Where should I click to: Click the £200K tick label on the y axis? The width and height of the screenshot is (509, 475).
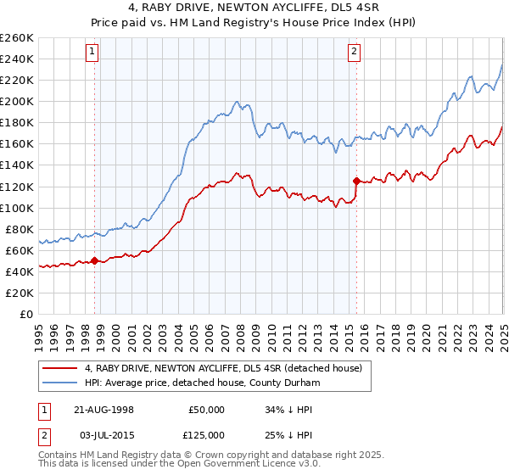pyautogui.click(x=17, y=101)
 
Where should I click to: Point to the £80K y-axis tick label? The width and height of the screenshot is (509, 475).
pyautogui.click(x=20, y=229)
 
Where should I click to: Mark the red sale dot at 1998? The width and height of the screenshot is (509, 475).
pyautogui.click(x=94, y=260)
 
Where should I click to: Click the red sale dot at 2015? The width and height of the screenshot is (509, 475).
pyautogui.click(x=356, y=181)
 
